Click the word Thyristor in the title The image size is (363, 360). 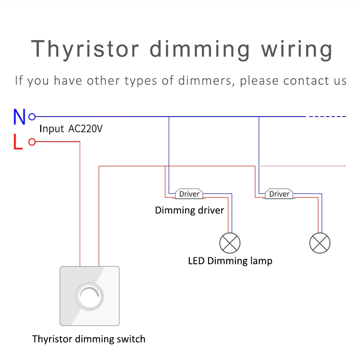coord(85,49)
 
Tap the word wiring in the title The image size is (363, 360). coord(297,49)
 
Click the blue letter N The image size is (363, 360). coord(19,117)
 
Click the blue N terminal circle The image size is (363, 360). coord(32,117)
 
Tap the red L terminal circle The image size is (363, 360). coord(32,142)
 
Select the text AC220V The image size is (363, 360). coord(85,129)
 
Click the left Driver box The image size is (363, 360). coord(189,194)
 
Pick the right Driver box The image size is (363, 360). coord(279,194)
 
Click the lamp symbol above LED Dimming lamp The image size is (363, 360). coord(230,243)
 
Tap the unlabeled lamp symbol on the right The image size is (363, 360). coord(320,243)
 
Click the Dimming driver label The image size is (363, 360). coord(189,210)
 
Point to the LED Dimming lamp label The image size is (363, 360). coord(230,261)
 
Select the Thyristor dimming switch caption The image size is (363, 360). coord(89,338)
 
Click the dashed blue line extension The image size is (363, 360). coord(327,117)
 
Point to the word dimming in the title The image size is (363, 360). coord(200,49)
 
